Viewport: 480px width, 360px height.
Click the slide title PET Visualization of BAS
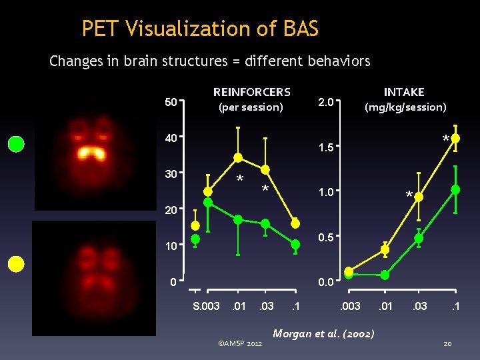click(x=200, y=29)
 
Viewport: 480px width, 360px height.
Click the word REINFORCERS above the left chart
click(x=251, y=92)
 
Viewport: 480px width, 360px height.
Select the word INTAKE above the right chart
click(x=403, y=92)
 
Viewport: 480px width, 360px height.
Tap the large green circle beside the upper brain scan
click(x=16, y=143)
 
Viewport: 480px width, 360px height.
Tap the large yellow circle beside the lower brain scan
click(x=16, y=264)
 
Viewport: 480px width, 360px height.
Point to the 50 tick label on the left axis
click(x=171, y=103)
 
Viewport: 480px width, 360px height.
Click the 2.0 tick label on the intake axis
click(x=325, y=103)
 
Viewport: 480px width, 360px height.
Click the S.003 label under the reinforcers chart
click(x=206, y=306)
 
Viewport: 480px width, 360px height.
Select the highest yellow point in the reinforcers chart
click(x=238, y=158)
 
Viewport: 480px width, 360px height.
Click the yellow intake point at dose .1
click(x=455, y=139)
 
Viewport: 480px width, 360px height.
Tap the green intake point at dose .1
click(x=455, y=190)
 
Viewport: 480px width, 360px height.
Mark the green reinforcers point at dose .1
click(x=295, y=245)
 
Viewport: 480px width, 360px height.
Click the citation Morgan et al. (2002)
click(x=324, y=333)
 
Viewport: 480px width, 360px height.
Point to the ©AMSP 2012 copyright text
click(x=240, y=343)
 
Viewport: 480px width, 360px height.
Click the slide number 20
click(x=448, y=343)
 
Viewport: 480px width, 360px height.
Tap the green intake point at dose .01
click(x=385, y=274)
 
